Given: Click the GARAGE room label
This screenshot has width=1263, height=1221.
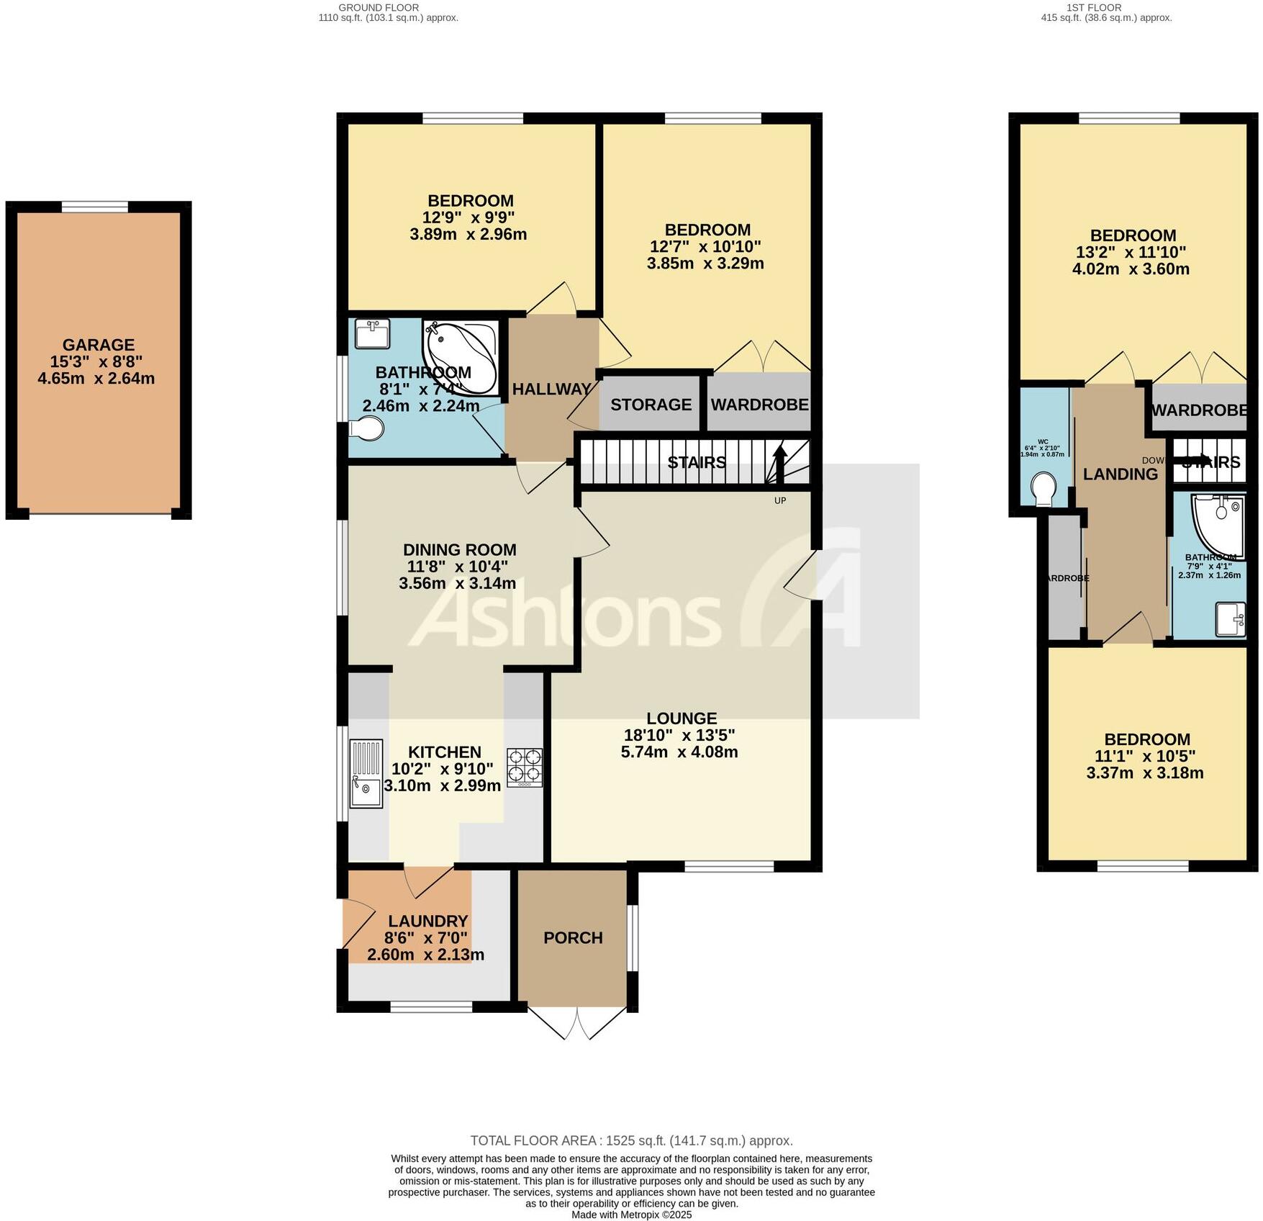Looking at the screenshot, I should click(98, 345).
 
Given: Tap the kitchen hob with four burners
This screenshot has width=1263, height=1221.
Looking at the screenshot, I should click(525, 767).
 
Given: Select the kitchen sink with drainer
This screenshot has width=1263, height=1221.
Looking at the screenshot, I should click(366, 774).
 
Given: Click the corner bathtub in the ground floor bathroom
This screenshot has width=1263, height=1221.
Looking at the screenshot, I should click(459, 356).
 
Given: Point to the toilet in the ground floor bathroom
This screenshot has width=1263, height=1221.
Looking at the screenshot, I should click(366, 429).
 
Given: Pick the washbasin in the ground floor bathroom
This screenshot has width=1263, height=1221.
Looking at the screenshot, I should click(372, 333).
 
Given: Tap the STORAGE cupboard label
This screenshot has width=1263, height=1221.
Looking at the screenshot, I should click(651, 405).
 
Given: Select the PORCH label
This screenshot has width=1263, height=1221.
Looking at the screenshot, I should click(573, 938).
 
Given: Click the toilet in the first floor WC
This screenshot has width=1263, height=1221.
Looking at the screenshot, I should click(1042, 489).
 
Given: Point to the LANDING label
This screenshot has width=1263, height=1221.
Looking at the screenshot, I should click(1120, 474).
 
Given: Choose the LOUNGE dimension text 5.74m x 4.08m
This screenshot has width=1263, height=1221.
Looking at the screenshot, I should click(679, 752).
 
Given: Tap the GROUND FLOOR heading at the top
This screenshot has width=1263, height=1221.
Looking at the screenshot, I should click(379, 7).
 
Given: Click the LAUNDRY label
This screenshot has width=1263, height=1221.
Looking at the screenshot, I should click(427, 921).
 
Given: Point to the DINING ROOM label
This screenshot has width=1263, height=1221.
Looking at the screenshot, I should click(459, 550).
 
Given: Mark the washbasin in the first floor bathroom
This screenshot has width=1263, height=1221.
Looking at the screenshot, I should click(1231, 620).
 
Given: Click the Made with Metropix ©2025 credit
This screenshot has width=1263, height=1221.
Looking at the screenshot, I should click(631, 1215).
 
